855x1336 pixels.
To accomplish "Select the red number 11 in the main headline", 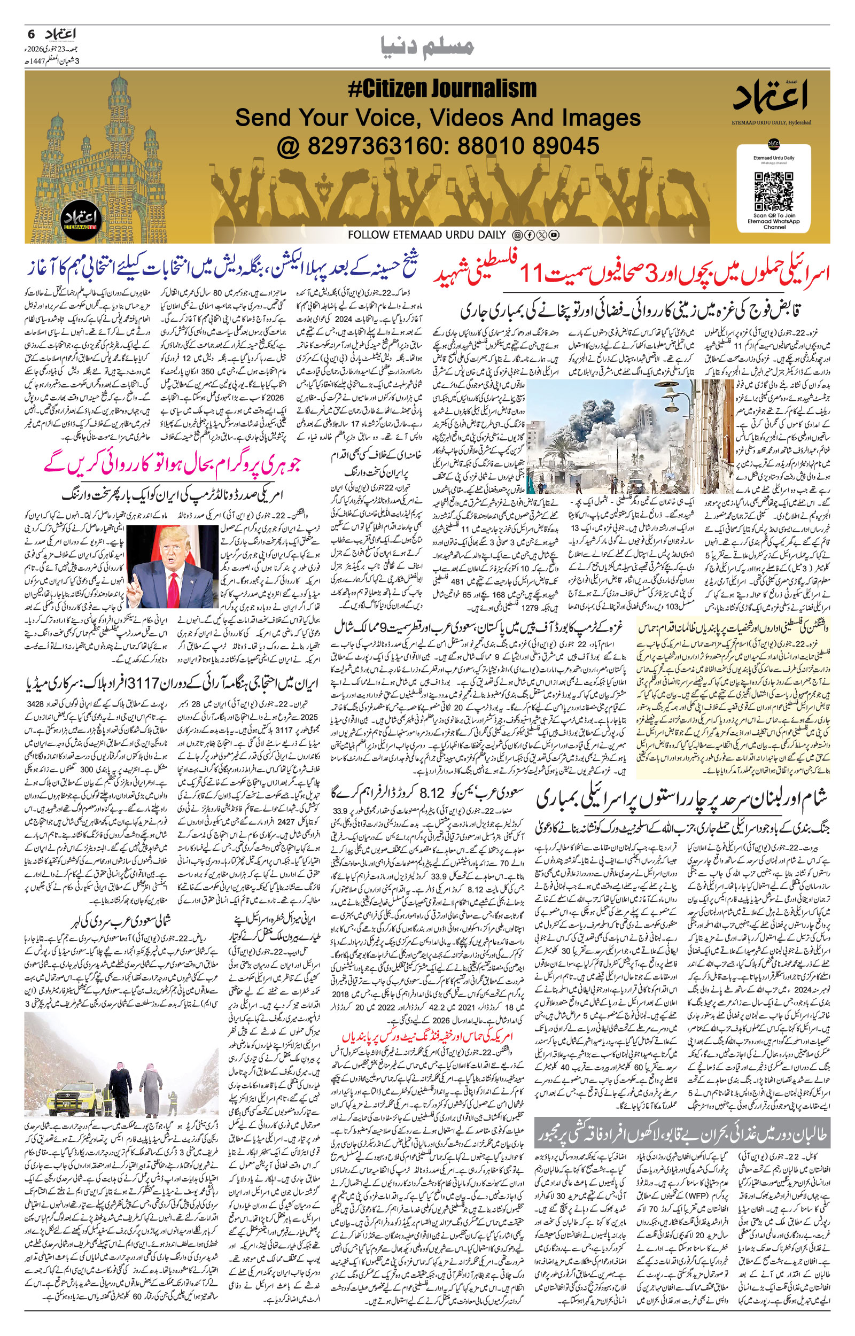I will point(537,273).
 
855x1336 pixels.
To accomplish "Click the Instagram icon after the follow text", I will point(517,235).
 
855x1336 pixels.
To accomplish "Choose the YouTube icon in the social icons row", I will point(554,235).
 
